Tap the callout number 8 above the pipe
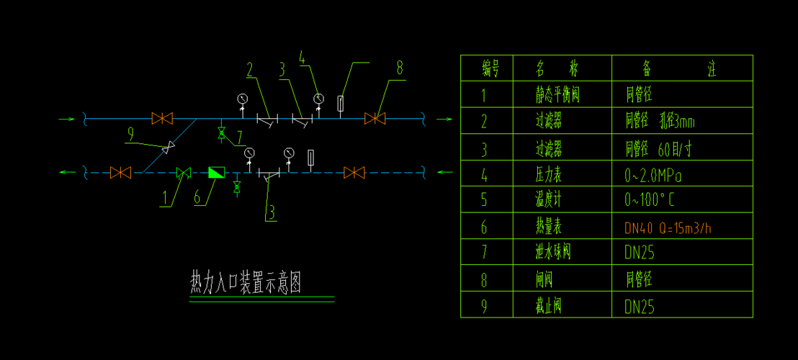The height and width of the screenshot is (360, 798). pyautogui.click(x=400, y=69)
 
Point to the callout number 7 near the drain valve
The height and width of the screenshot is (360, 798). pyautogui.click(x=239, y=135)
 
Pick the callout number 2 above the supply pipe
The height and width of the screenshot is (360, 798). pyautogui.click(x=251, y=70)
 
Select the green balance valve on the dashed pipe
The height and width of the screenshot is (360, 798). pyautogui.click(x=184, y=172)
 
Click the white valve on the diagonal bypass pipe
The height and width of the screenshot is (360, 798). pyautogui.click(x=169, y=148)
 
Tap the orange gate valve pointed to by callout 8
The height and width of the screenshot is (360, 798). pyautogui.click(x=375, y=118)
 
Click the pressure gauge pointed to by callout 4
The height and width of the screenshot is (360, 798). pyautogui.click(x=318, y=98)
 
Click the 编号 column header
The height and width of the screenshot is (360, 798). pyautogui.click(x=490, y=68)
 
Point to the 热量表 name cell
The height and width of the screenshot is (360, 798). pyautogui.click(x=549, y=228)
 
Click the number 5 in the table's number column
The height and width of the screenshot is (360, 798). pyautogui.click(x=484, y=201)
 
